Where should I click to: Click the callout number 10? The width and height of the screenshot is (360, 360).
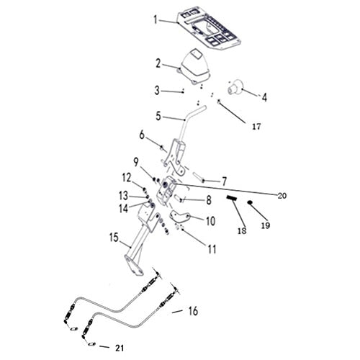click(210, 221)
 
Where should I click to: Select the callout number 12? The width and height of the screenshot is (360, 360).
click(125, 177)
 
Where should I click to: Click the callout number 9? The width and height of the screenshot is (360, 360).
click(135, 161)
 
